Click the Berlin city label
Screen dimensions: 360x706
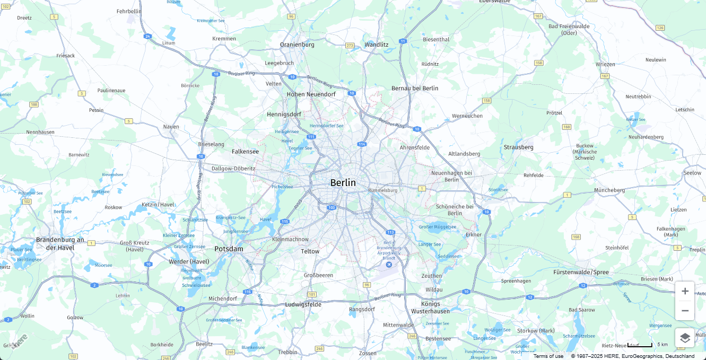[343, 183]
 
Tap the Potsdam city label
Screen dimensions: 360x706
[229, 249]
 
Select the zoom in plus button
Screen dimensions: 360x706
[685, 291]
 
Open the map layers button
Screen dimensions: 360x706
[685, 338]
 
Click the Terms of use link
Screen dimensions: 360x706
[548, 356]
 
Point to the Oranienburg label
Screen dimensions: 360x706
[297, 45]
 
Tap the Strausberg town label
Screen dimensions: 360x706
[518, 147]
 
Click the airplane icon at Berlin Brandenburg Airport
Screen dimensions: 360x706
[389, 265]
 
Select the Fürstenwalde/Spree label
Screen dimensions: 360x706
[581, 272]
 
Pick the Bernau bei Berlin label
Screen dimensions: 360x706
[415, 88]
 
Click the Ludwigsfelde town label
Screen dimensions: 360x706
[303, 304]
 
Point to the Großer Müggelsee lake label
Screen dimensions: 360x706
[438, 227]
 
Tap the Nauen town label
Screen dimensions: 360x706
[171, 127]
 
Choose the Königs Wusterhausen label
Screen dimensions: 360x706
[431, 308]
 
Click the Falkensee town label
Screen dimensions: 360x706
[245, 152]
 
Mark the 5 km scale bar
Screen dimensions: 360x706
[640, 345]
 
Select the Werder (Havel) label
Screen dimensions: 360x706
[189, 261]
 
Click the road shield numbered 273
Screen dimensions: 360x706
[350, 46]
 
